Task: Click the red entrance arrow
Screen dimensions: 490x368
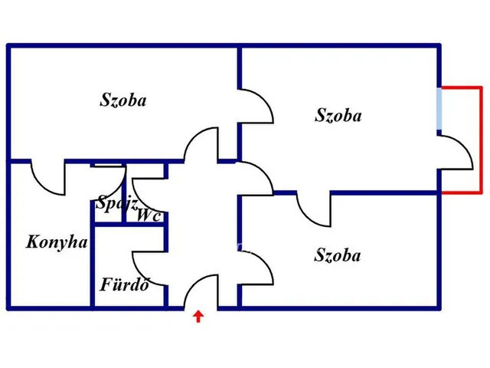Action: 198,316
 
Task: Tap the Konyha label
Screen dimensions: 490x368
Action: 57,242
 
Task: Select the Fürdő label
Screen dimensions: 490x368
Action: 124,284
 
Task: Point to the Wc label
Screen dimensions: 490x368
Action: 149,215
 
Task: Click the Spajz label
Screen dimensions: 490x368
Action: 116,202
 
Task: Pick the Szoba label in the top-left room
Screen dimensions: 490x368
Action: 123,100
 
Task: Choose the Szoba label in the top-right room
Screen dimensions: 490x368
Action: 338,115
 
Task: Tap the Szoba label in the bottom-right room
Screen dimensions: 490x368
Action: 338,255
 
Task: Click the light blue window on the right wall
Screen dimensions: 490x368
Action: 439,109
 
